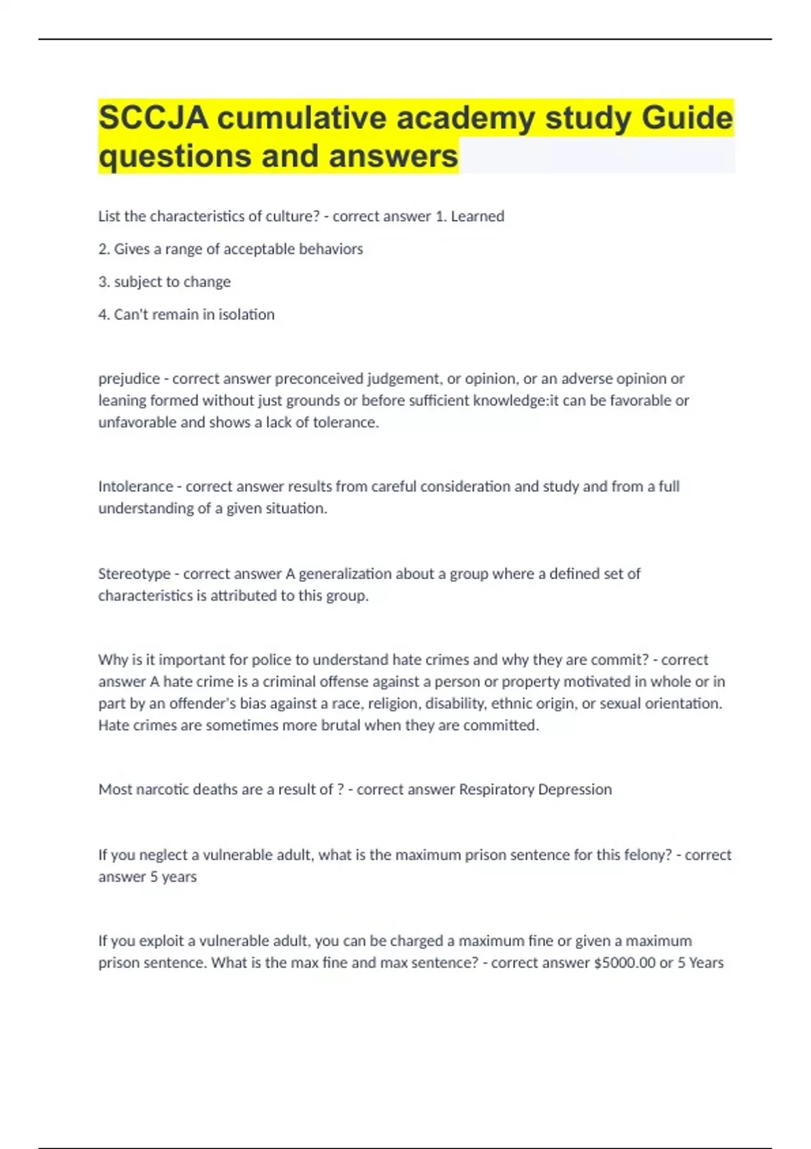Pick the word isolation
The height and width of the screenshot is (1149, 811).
tap(246, 315)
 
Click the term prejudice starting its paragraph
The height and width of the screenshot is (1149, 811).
tap(129, 379)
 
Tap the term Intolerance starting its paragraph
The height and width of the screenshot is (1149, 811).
tap(135, 487)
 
